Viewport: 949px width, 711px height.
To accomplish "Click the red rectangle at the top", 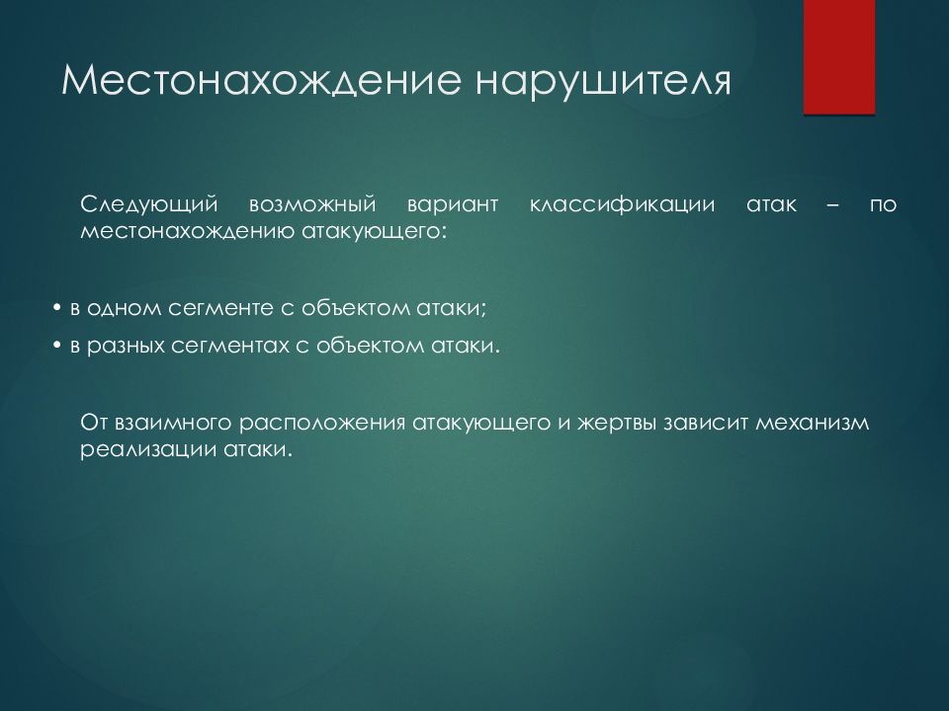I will coord(839,57).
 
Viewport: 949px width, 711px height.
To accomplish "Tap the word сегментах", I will coord(226,347).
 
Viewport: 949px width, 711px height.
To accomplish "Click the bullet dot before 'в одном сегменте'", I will coord(57,309).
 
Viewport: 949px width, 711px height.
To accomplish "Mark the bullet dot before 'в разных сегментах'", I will coord(57,347).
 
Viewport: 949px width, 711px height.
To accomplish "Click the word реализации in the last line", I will coord(135,448).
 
